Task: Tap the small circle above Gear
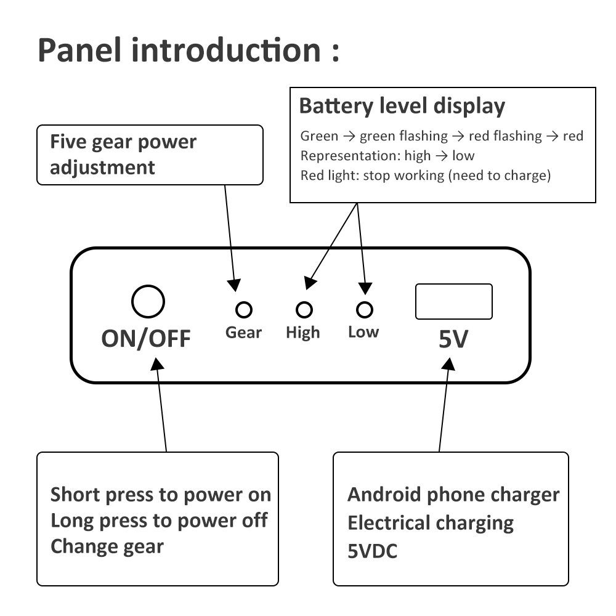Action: pos(245,309)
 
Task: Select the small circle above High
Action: pos(304,309)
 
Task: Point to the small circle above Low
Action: pos(365,309)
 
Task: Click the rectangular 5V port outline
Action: pos(454,302)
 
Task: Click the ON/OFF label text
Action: pos(146,338)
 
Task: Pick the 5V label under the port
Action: pos(453,339)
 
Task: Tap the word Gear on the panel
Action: pos(243,333)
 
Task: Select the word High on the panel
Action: pos(303,333)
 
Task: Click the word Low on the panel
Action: pos(363,332)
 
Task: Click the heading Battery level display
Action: pos(402,107)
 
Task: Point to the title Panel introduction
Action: pos(188,51)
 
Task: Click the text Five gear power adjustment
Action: pos(123,154)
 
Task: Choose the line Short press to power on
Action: pos(160,495)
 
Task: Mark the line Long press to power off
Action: pos(159,521)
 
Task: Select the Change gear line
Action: pos(107,546)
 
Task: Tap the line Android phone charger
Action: pos(453,495)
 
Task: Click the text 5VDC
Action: pos(372,551)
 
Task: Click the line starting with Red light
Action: pos(425,176)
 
